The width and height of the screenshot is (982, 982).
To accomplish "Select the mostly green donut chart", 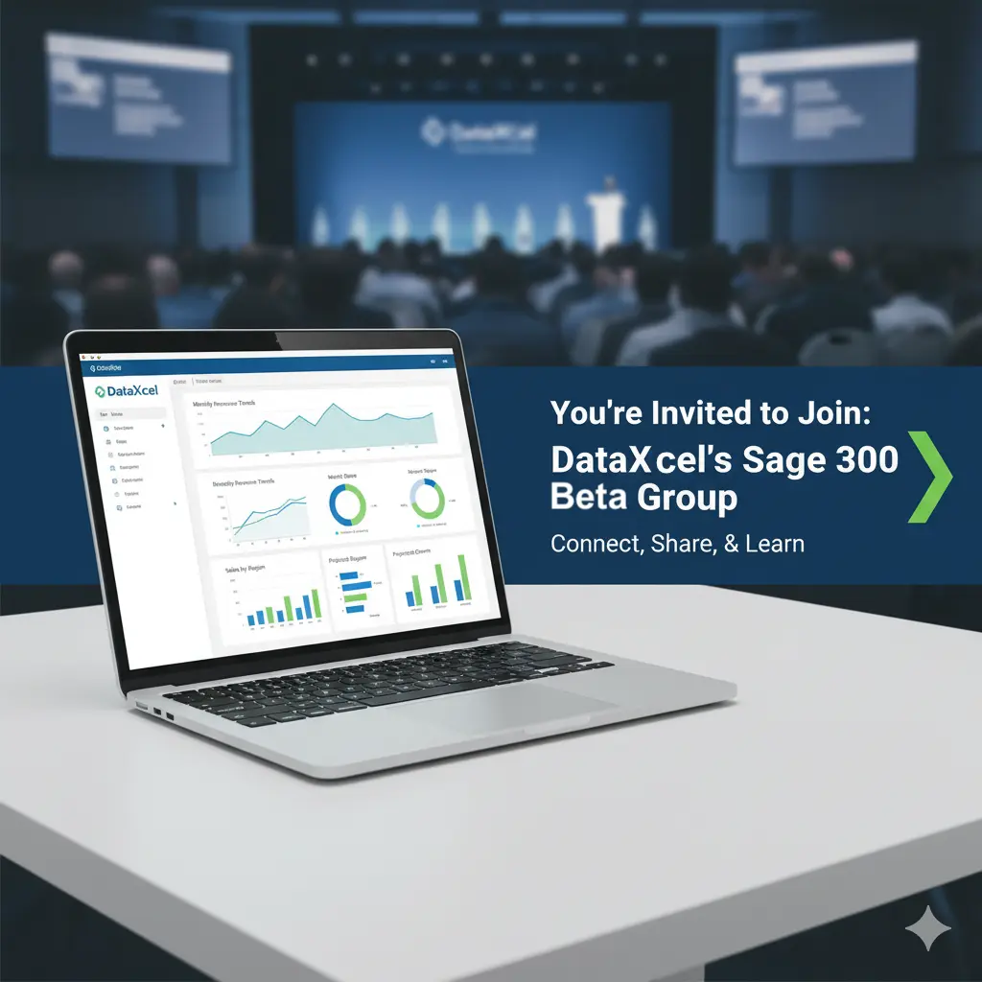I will click(x=427, y=499).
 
